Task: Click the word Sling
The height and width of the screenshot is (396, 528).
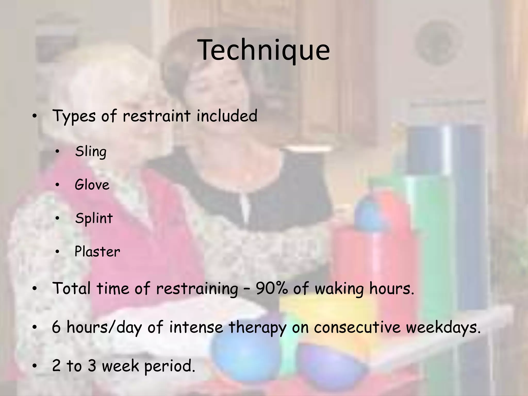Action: [x=90, y=152]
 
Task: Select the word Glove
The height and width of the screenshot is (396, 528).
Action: [x=92, y=185]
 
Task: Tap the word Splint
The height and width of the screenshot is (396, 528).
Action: [x=94, y=219]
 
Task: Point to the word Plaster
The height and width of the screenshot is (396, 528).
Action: [x=97, y=252]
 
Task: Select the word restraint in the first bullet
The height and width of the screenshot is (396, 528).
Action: [x=156, y=116]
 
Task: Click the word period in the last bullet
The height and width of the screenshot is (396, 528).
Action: [x=169, y=366]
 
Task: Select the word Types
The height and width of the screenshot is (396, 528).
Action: [x=74, y=116]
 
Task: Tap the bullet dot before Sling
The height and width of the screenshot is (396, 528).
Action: [x=57, y=152]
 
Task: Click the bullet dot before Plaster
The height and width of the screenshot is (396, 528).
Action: [x=57, y=252]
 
